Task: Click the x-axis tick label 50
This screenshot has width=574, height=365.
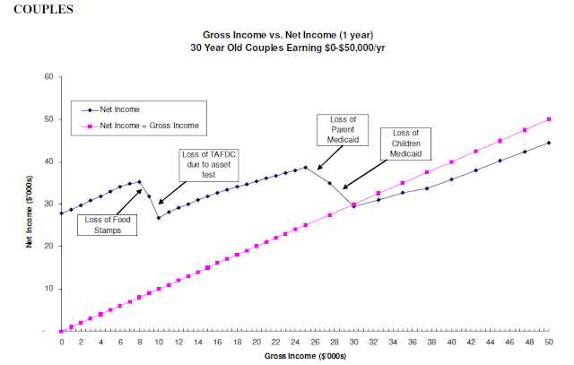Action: click(547, 342)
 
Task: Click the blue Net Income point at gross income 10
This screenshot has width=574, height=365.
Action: click(159, 218)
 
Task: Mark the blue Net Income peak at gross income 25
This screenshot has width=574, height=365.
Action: click(305, 167)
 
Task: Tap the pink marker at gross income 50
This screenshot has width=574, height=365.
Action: click(547, 118)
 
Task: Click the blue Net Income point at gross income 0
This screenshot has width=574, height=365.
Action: click(62, 213)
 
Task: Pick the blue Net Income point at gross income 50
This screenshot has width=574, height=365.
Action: click(547, 143)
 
